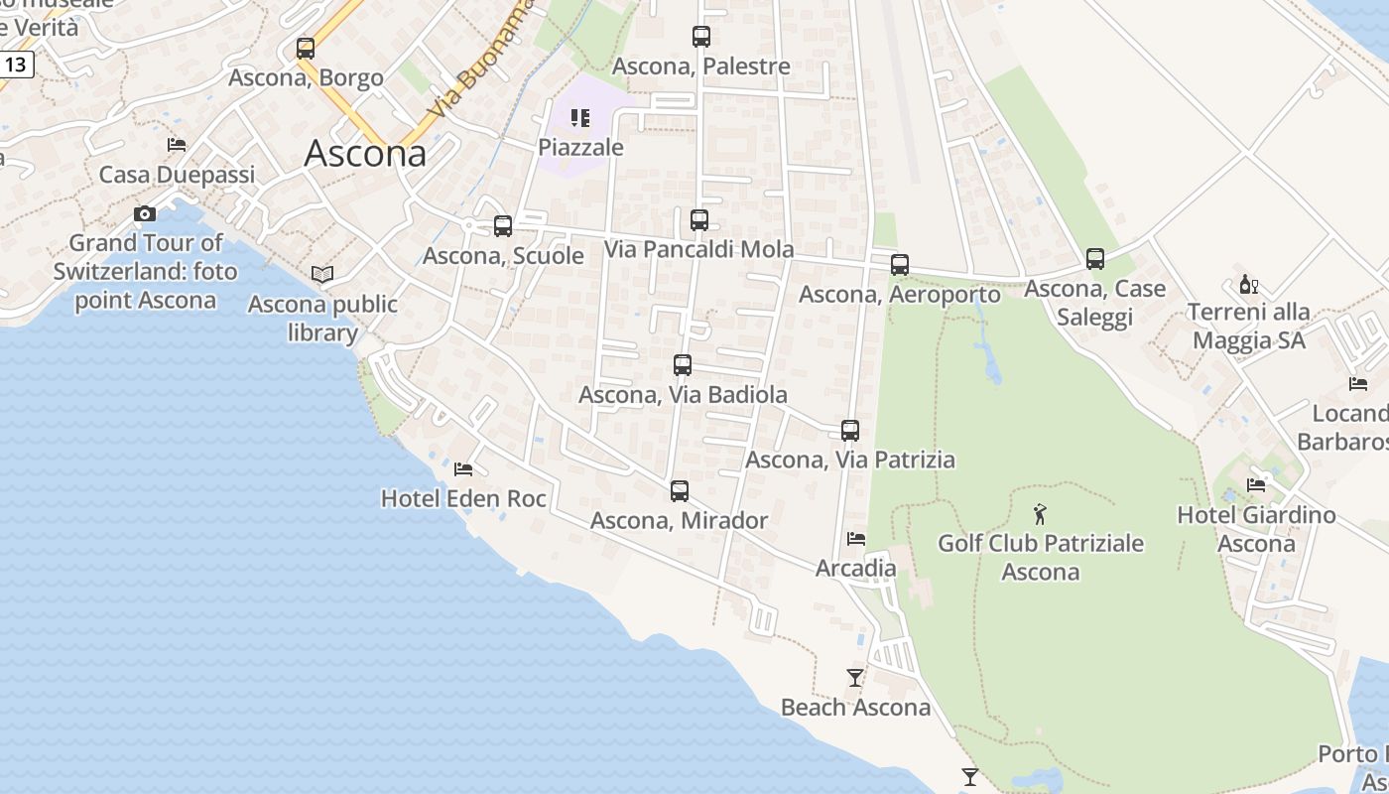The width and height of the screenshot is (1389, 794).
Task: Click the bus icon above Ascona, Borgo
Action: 306,49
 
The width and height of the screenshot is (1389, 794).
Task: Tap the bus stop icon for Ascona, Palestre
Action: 701,37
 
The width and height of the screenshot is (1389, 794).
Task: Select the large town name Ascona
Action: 365,153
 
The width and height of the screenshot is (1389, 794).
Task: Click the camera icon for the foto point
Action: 145,214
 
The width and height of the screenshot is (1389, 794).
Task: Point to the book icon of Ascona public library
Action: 322,274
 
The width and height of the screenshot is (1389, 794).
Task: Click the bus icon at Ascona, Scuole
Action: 503,226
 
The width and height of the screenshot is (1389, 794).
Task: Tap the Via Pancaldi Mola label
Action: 699,249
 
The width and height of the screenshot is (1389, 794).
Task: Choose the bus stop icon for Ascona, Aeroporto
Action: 900,265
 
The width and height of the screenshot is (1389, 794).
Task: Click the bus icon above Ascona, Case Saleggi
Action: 1095,259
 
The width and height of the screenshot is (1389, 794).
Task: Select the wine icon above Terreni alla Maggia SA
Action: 1249,285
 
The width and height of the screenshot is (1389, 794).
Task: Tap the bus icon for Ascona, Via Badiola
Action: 683,365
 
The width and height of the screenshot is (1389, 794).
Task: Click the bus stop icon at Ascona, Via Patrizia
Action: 850,431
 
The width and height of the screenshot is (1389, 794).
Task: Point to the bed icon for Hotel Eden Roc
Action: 463,469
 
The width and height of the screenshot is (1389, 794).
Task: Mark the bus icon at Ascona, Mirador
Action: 680,491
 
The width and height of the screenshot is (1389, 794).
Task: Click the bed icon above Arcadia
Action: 856,539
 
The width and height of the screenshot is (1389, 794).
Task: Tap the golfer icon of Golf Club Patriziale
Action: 1040,514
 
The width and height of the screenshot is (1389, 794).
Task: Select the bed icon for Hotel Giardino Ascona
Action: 1256,485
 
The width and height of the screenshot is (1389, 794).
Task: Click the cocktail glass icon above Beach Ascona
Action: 855,678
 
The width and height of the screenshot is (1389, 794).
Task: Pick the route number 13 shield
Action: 16,66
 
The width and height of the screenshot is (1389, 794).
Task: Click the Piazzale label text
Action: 580,148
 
